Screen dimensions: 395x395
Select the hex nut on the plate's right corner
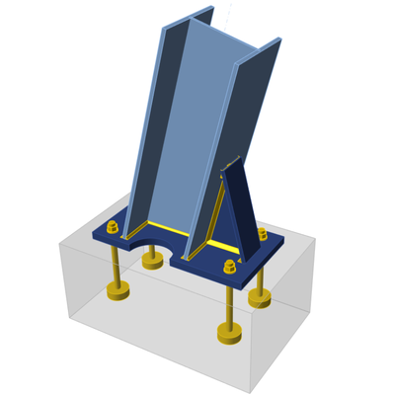pos(262,234)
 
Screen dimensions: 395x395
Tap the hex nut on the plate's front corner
pos(230,266)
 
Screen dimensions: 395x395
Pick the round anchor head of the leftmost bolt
pos(118,291)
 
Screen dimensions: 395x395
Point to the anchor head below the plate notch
pos(152,262)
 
